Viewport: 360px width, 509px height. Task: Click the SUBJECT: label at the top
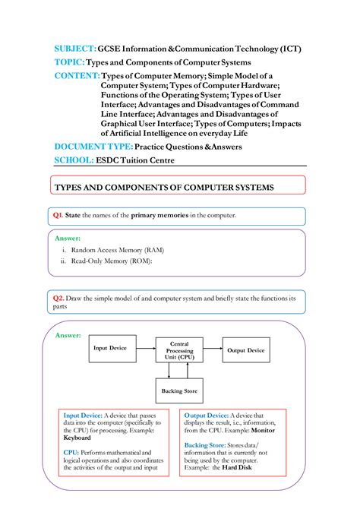[x=74, y=49]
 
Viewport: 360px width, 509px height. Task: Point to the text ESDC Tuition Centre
[x=134, y=160]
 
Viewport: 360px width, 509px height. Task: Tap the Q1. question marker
[x=58, y=216]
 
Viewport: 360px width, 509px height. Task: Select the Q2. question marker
[x=58, y=298]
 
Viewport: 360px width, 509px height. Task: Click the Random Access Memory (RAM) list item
[x=118, y=249]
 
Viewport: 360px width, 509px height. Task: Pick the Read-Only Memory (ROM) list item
[x=112, y=261]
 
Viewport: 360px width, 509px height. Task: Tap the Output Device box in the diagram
[x=245, y=350]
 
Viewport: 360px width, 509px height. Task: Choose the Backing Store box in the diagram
[x=179, y=391]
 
